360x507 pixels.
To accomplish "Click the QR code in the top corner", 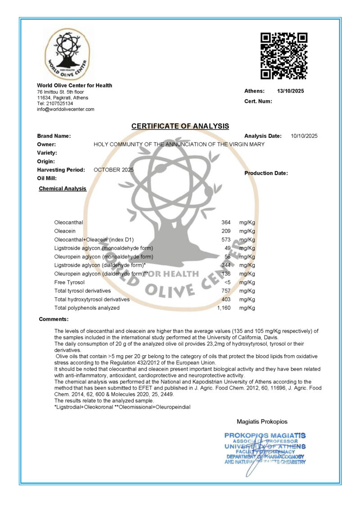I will tap(283, 56).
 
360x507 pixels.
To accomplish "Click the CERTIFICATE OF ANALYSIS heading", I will tap(180, 127).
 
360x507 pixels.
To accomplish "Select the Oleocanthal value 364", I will tap(226, 222).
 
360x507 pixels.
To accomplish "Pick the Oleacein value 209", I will tap(226, 231).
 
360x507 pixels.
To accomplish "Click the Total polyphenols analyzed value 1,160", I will tap(224, 308).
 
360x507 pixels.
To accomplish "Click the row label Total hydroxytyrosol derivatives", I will tap(92, 299).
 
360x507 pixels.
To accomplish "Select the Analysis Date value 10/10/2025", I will tap(304, 136).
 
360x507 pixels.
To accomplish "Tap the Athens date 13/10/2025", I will tap(290, 91).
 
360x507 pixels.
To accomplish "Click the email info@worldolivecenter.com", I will tap(66, 109).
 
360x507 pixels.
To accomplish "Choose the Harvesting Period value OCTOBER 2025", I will tap(113, 170).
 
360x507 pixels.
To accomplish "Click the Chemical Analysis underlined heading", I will tap(63, 189).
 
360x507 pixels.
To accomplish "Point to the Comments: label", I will tap(54, 319).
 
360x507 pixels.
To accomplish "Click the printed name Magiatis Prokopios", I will tap(262, 422).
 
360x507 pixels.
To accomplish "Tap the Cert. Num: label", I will tap(258, 101).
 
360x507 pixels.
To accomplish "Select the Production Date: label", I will tap(266, 173).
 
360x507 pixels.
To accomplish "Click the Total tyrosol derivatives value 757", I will tap(226, 291).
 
